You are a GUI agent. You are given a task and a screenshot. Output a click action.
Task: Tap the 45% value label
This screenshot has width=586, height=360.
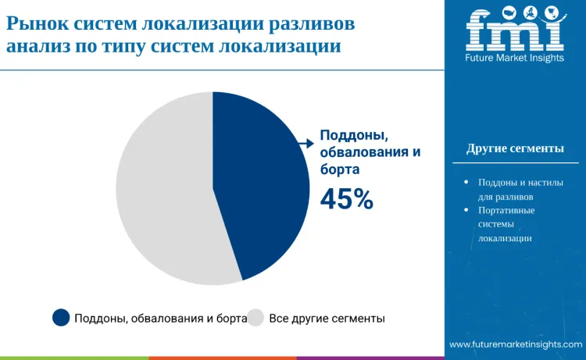point(347,200)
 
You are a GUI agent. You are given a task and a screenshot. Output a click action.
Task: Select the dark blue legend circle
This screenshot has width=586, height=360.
point(61,317)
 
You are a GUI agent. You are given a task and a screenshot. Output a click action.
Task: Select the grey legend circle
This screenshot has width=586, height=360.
point(255,317)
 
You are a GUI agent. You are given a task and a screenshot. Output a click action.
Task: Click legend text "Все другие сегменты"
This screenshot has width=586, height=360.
point(327,318)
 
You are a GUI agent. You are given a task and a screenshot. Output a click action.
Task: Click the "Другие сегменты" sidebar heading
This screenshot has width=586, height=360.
point(515,148)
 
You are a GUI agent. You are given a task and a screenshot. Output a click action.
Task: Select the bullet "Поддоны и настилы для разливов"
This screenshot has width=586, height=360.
point(520,189)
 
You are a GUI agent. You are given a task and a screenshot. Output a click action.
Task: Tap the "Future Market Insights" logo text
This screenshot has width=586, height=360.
point(514,59)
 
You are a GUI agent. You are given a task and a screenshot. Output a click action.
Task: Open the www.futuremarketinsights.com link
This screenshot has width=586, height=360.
point(516,344)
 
